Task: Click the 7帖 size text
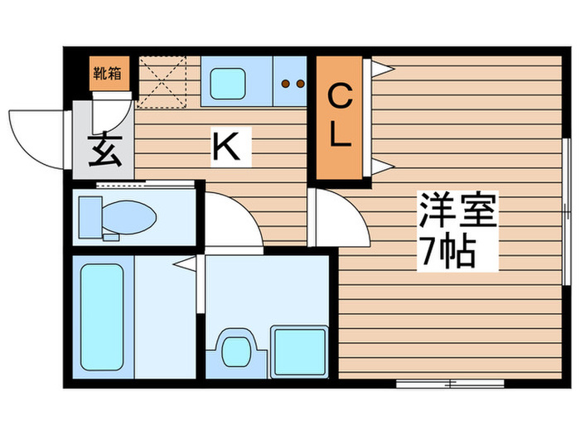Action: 447,249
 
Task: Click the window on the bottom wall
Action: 450,384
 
